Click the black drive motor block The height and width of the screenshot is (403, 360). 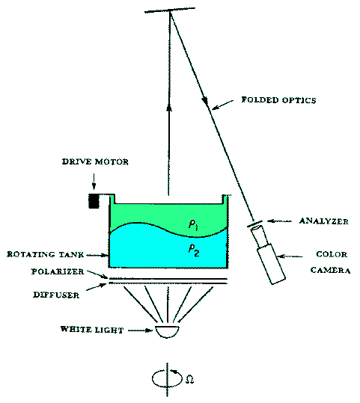(94, 200)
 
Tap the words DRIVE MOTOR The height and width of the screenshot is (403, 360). (95, 161)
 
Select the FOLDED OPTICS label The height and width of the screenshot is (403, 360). (278, 99)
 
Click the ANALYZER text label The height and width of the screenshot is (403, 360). (324, 221)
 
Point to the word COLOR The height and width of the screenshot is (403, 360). (332, 254)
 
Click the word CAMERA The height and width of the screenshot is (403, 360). (330, 270)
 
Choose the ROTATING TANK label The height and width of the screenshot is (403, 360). (46, 254)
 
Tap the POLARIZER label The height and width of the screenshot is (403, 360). (58, 271)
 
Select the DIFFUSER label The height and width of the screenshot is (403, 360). (56, 295)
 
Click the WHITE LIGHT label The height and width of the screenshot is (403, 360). (92, 330)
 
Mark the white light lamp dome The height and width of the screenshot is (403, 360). (167, 331)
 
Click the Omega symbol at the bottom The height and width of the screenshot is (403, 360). (189, 379)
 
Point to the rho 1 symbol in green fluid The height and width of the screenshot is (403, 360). (193, 225)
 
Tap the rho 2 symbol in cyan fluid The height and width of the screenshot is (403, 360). (194, 250)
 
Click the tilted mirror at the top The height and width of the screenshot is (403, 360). (170, 10)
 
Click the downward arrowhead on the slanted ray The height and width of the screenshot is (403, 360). (205, 100)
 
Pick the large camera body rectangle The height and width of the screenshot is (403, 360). (271, 264)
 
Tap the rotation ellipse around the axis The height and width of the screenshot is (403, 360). (152, 378)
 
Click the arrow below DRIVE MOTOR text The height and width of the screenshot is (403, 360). (94, 182)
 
